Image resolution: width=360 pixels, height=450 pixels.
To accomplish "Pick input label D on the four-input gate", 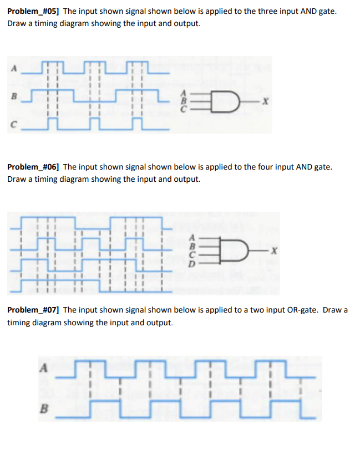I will (192, 265).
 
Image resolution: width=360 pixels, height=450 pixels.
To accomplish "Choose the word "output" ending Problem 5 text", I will (186, 24).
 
